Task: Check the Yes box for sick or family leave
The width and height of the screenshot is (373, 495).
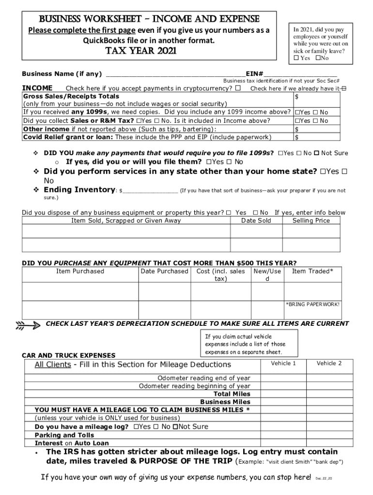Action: [297, 58]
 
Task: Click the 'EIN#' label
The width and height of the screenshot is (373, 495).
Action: [254, 74]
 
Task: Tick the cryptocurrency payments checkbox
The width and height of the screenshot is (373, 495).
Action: [238, 88]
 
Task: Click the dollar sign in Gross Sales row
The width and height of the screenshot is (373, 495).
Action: [297, 96]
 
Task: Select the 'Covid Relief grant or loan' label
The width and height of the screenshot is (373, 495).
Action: [67, 137]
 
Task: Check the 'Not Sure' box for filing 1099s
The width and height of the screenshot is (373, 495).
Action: [316, 153]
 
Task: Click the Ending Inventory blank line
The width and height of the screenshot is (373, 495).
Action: [150, 190]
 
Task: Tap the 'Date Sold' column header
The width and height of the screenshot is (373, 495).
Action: [256, 220]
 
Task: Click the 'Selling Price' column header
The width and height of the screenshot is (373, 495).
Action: [311, 220]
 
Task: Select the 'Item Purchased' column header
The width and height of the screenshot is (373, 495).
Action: [80, 271]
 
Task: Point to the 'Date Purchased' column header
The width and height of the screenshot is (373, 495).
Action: [164, 271]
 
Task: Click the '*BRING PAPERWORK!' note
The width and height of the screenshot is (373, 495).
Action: [312, 304]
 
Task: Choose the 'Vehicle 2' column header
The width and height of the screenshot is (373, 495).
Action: [329, 363]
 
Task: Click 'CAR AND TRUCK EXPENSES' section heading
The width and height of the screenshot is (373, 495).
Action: [69, 355]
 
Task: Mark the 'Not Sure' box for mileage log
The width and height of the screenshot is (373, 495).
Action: [175, 427]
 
